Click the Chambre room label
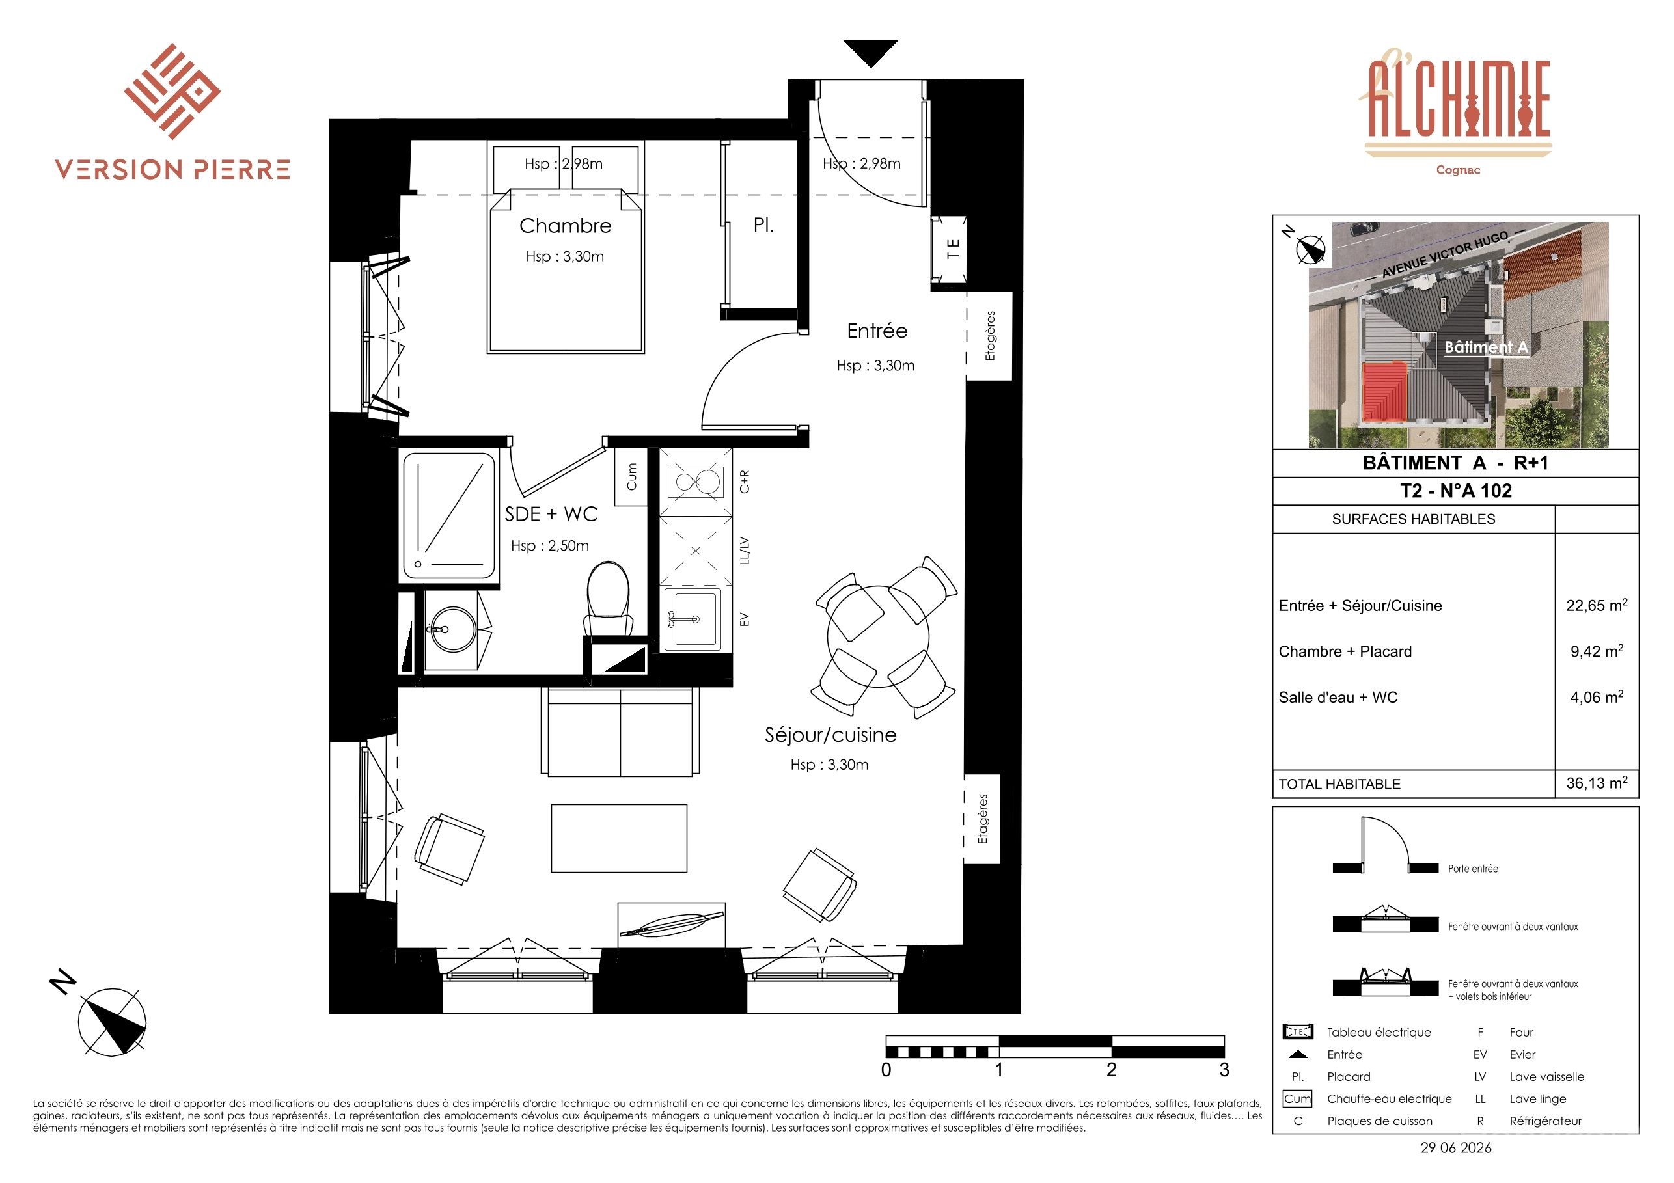coord(565,226)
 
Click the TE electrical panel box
coord(950,249)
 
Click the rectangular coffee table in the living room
coord(619,838)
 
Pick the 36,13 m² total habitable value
coord(1597,783)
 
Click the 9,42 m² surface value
coord(1597,651)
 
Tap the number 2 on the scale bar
coord(1111,1070)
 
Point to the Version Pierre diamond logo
coord(172,91)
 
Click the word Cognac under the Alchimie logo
coord(1457,170)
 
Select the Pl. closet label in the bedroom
coord(763,226)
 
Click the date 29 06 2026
coord(1456,1148)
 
